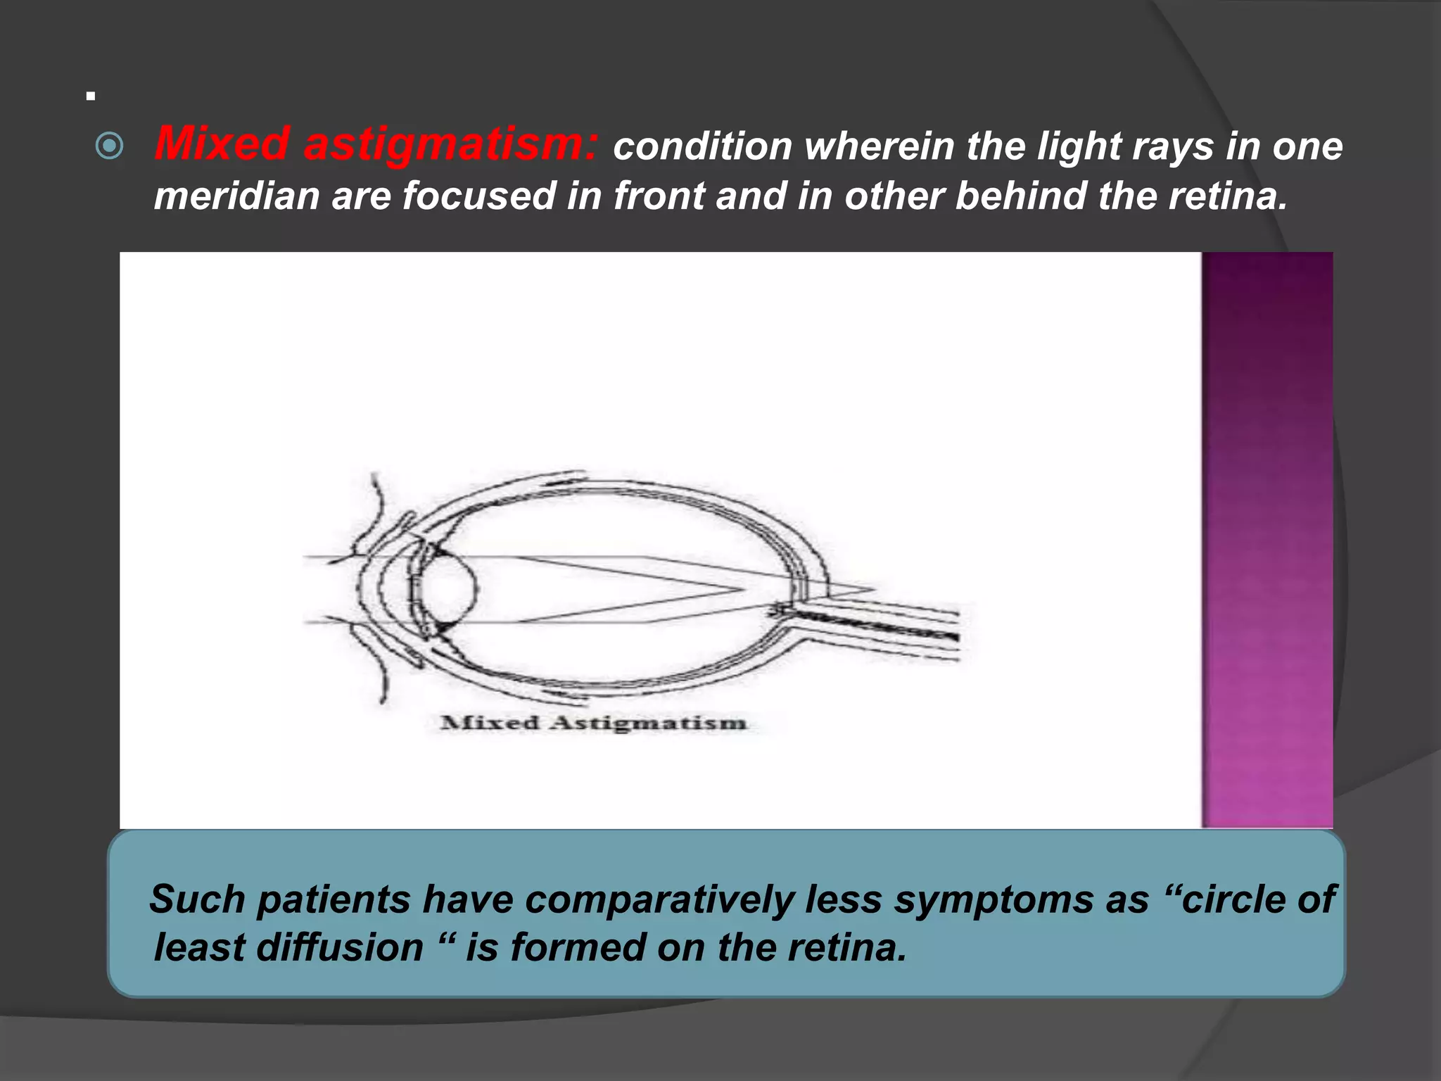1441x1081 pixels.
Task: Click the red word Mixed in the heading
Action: (221, 144)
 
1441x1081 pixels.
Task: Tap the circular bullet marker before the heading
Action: (109, 146)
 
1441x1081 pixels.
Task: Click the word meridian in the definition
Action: (236, 196)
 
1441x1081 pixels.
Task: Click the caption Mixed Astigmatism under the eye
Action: (592, 723)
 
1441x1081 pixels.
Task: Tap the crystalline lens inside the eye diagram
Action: (447, 588)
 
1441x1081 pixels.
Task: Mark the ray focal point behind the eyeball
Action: (873, 588)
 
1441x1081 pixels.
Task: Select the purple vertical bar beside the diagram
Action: (1267, 539)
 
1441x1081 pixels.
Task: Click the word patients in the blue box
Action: (334, 899)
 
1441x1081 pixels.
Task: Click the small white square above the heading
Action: (91, 96)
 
